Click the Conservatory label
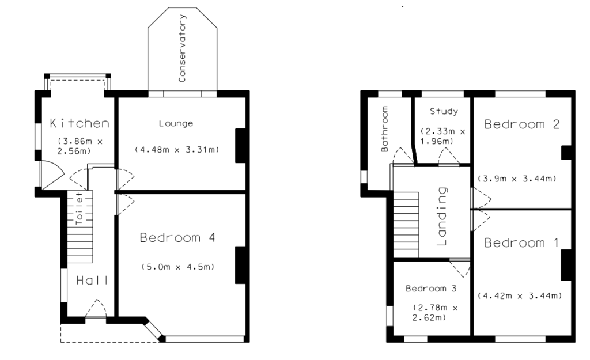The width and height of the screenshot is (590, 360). tap(182, 48)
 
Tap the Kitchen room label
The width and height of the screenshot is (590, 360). tap(80, 123)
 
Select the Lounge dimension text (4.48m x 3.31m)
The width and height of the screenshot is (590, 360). tap(177, 149)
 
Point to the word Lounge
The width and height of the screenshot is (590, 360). tap(176, 123)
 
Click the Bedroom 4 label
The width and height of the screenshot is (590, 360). tap(177, 237)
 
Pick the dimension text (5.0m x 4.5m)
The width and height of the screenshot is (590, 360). tap(178, 267)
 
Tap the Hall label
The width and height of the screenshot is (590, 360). tap(92, 281)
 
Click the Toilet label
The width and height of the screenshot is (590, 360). tap(79, 209)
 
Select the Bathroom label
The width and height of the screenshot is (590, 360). tap(384, 129)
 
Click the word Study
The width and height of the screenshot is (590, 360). tap(444, 111)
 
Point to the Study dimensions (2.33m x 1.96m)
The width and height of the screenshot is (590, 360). tap(442, 136)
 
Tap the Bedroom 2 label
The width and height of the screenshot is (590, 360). tap(522, 124)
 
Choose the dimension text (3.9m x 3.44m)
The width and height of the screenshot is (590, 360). tap(517, 179)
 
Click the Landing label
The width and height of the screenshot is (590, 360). tap(442, 217)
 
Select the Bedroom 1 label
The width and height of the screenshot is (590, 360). tap(521, 242)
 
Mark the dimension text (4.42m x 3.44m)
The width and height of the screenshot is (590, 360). tap(520, 295)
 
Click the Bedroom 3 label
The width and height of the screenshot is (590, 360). tap(431, 289)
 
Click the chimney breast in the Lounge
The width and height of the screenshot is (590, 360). tap(240, 146)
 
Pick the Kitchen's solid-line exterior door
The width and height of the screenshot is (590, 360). tap(52, 175)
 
